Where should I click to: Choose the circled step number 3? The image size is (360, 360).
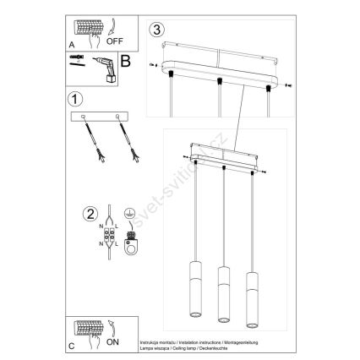(155, 30)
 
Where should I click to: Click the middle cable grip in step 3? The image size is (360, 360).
(220, 81)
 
